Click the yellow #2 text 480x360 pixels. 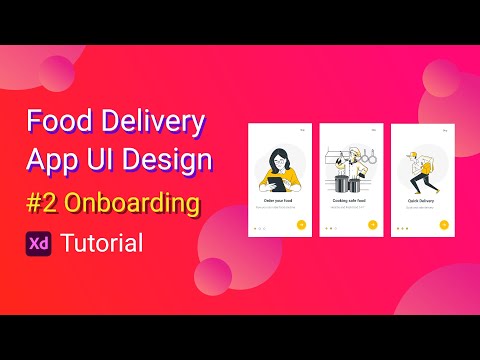click(42, 203)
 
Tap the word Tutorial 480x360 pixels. click(101, 242)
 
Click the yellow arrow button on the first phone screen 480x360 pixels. click(301, 224)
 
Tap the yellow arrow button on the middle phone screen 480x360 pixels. click(372, 224)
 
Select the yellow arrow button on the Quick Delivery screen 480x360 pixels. click(442, 224)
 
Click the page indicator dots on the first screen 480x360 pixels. click(260, 227)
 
